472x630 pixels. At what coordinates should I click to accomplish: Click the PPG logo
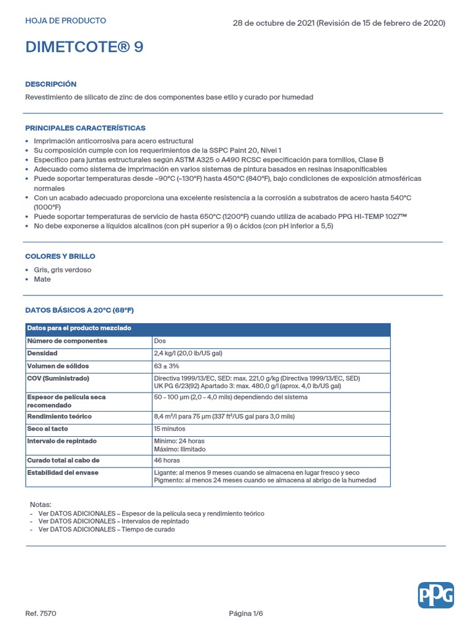click(436, 595)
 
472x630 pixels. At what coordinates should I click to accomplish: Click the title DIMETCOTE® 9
click(84, 47)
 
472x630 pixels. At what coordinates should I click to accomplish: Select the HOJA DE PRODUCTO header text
click(65, 21)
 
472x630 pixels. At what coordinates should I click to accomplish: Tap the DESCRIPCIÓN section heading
click(51, 84)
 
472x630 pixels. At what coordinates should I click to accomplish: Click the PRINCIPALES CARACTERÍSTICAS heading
click(85, 128)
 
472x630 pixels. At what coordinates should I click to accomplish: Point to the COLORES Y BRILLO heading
click(60, 256)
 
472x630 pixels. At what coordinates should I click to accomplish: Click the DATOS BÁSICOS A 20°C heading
click(79, 310)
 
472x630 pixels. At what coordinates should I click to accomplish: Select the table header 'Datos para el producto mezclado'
click(79, 329)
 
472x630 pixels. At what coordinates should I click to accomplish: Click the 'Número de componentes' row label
click(67, 341)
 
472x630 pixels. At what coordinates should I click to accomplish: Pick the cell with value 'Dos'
click(159, 341)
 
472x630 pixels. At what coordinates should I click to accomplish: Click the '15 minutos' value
click(169, 429)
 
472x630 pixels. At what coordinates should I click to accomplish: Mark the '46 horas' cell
click(167, 460)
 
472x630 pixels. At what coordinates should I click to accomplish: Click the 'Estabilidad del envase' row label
click(63, 472)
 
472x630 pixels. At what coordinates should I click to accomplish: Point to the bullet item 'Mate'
click(42, 279)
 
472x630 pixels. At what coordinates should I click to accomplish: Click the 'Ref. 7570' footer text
click(41, 613)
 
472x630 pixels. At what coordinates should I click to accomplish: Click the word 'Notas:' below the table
click(41, 504)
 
